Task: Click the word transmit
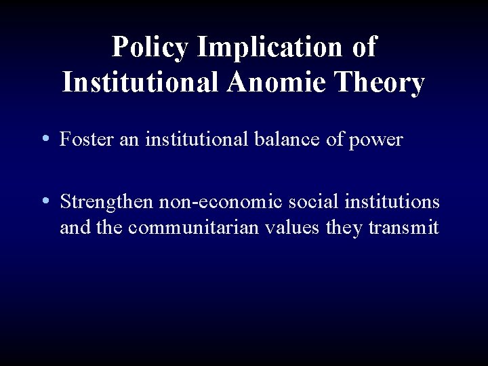404,227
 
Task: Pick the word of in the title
363,47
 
